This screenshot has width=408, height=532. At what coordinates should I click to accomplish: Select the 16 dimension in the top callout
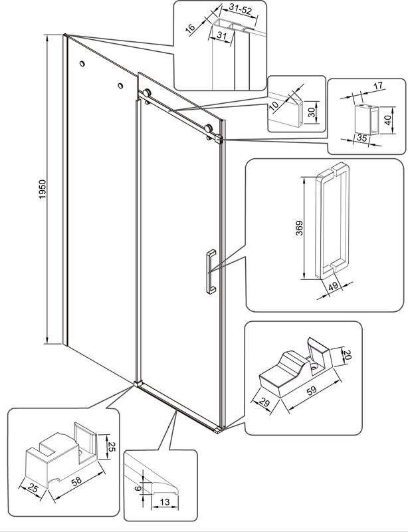point(191,29)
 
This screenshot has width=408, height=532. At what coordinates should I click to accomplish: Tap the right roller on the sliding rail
point(209,128)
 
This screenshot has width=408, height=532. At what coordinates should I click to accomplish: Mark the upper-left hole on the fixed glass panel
point(82,64)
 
